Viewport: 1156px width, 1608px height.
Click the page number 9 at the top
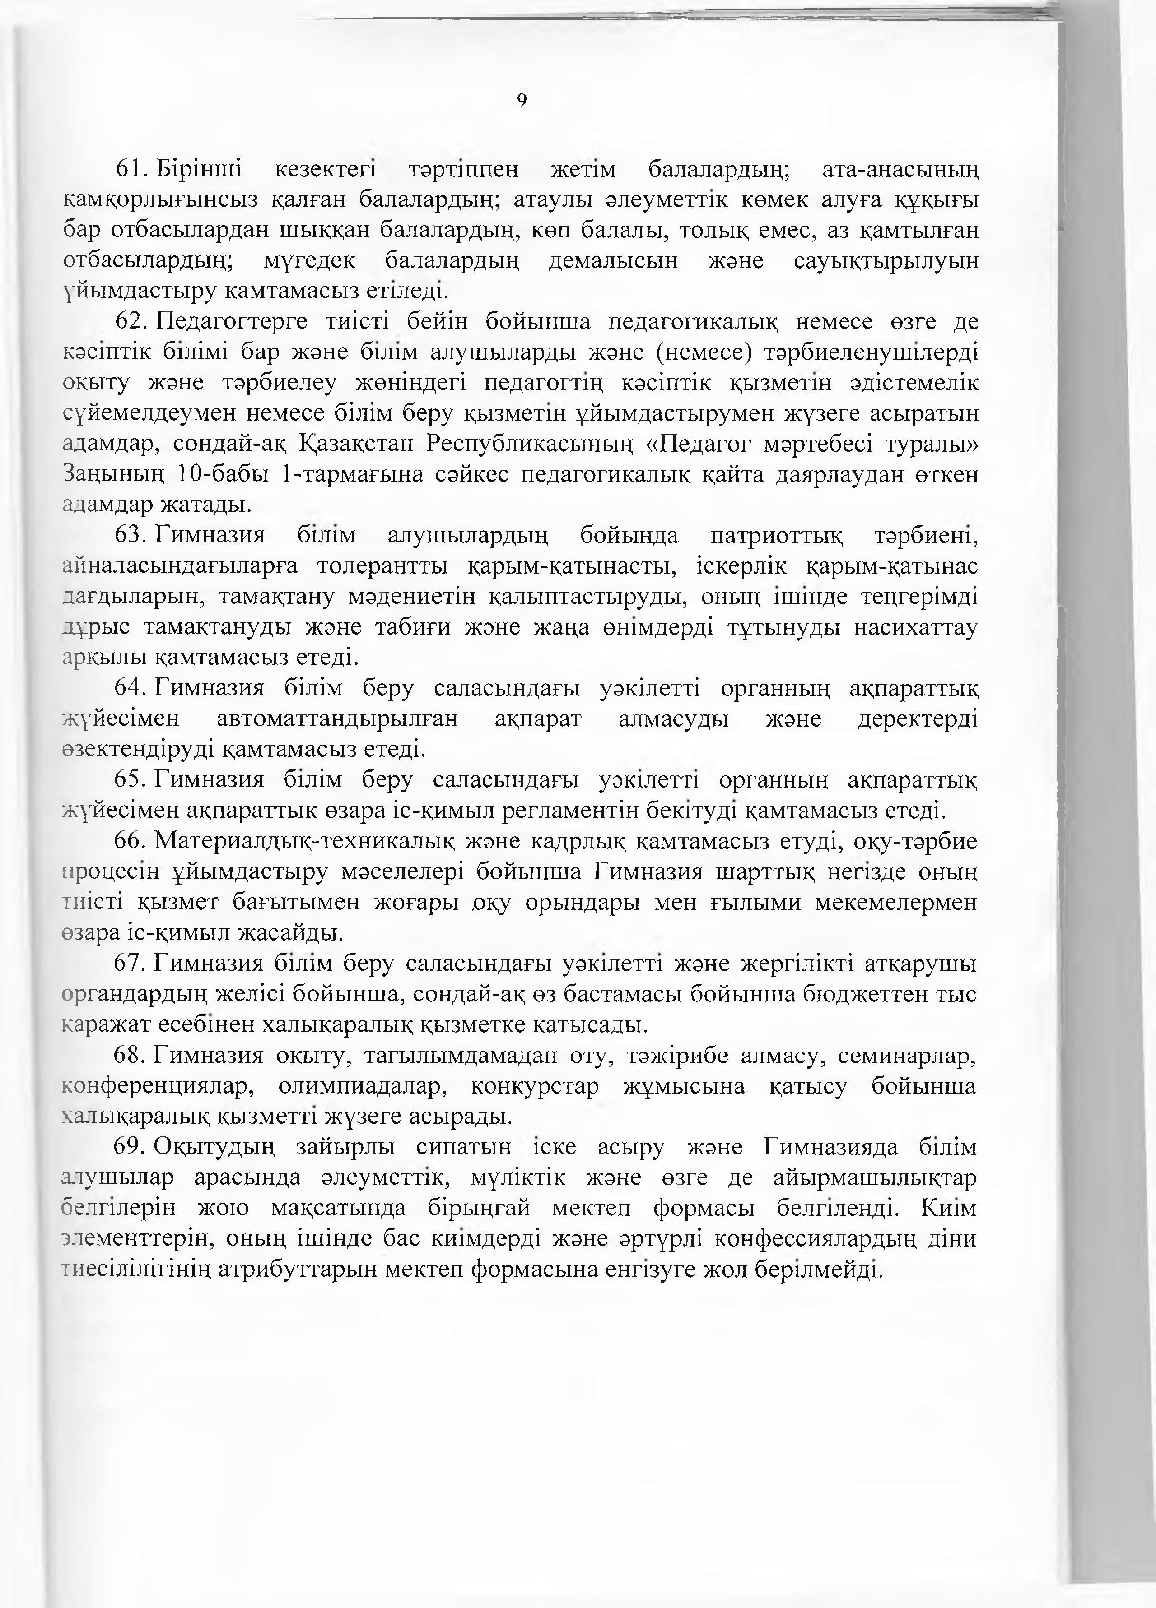[522, 102]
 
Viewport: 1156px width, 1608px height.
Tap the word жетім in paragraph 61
[583, 170]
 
